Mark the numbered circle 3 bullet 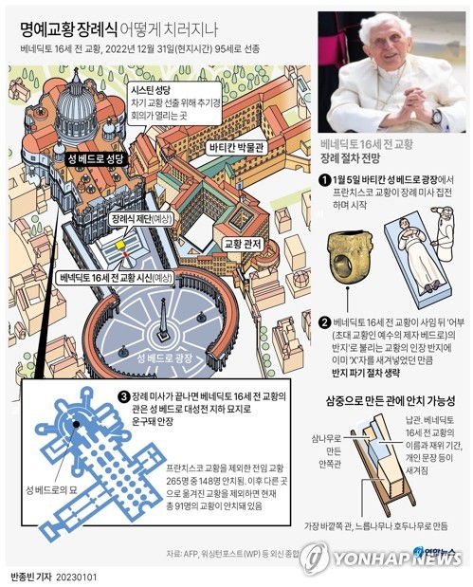click(123, 395)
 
